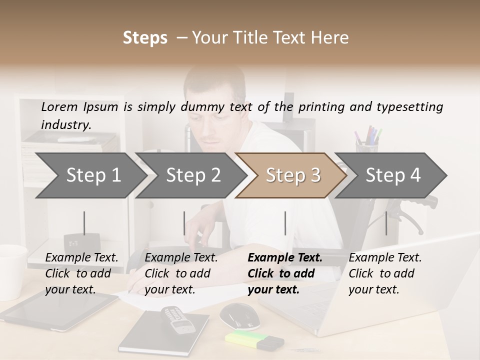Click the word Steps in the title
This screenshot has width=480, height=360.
[x=145, y=38]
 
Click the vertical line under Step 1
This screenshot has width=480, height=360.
[x=84, y=223]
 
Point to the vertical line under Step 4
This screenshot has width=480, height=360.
[x=386, y=223]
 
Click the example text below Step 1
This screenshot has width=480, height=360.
[x=81, y=273]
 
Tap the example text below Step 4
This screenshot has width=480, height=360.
[x=385, y=273]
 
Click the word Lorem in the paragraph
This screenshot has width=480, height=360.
[x=59, y=106]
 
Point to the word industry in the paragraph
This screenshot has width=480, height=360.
[x=66, y=125]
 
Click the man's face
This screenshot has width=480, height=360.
[x=212, y=115]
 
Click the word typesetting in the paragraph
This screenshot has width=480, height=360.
[x=409, y=106]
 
